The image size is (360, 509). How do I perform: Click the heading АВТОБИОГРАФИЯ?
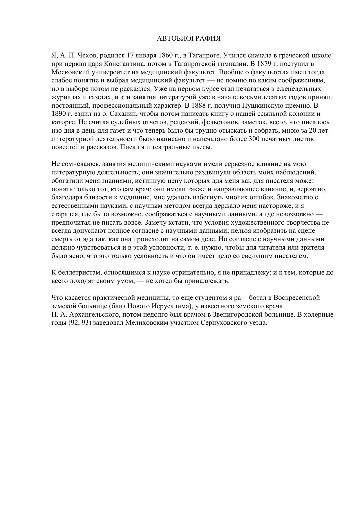coord(189,39)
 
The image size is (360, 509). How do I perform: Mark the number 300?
coord(254,139)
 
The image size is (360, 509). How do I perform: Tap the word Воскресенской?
coord(297,298)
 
